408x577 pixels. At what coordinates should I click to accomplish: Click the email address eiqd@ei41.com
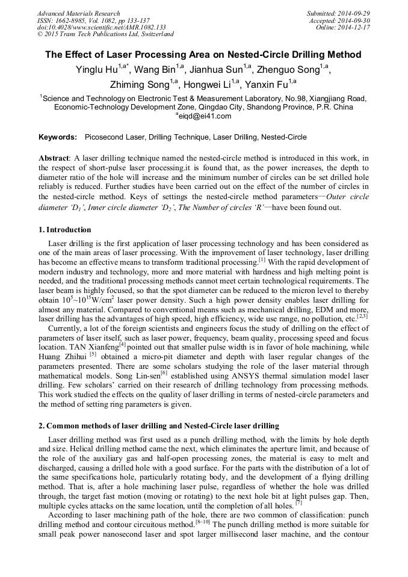204,116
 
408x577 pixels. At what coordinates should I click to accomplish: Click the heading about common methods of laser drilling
150,427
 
